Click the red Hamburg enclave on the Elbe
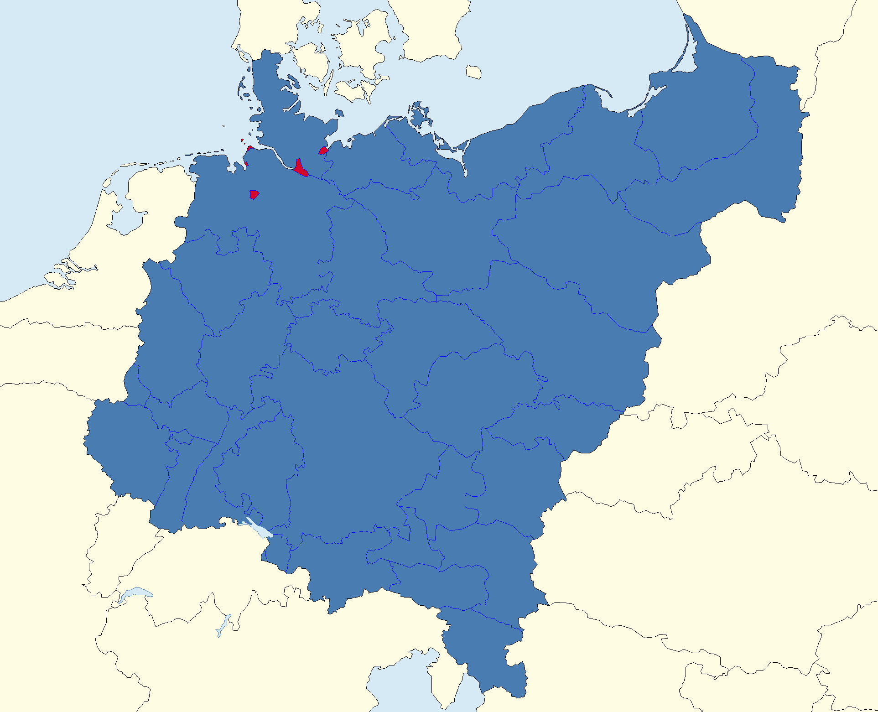pos(300,169)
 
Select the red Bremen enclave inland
pos(254,194)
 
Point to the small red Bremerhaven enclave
pos(246,164)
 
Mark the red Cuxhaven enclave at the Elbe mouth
pos(249,148)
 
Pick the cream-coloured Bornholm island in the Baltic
pos(473,72)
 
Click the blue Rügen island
pos(419,116)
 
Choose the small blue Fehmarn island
pos(339,113)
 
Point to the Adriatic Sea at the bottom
pos(401,684)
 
